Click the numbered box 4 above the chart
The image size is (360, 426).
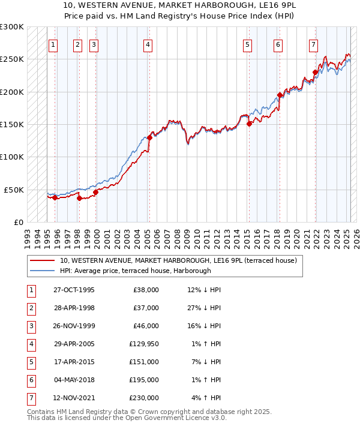pyautogui.click(x=148, y=44)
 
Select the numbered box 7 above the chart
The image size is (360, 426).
pyautogui.click(x=313, y=44)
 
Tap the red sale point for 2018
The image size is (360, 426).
pyautogui.click(x=280, y=95)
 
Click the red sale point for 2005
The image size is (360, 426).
pyautogui.click(x=150, y=137)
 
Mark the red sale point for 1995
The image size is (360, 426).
pyautogui.click(x=55, y=197)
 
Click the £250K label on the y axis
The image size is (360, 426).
pyautogui.click(x=12, y=59)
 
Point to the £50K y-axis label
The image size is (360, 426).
pyautogui.click(x=14, y=190)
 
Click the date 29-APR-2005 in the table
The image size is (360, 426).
pyautogui.click(x=74, y=344)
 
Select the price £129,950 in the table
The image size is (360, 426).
pyautogui.click(x=144, y=344)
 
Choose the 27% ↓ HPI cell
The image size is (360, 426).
pyautogui.click(x=204, y=308)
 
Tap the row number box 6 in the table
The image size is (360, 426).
pyautogui.click(x=31, y=380)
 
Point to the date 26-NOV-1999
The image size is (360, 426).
pyautogui.click(x=74, y=326)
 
